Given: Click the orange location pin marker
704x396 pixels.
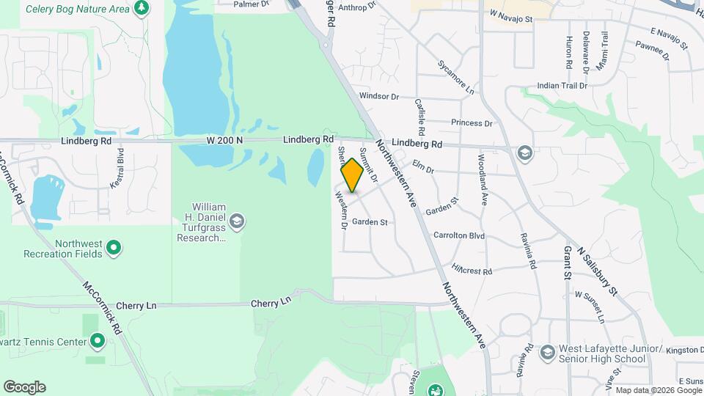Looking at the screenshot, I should pyautogui.click(x=352, y=175).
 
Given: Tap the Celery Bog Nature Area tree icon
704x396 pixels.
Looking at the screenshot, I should pyautogui.click(x=141, y=9).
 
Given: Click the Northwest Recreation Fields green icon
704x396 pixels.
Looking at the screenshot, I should pyautogui.click(x=114, y=248).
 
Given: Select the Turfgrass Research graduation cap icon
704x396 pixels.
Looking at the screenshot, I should pyautogui.click(x=236, y=221).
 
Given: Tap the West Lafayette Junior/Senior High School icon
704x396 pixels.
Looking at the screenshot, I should pyautogui.click(x=546, y=353).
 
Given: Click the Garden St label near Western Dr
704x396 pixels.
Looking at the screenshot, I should pyautogui.click(x=369, y=221).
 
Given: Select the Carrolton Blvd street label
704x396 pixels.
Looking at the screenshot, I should pyautogui.click(x=459, y=236).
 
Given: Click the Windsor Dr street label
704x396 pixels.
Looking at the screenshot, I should pyautogui.click(x=378, y=96).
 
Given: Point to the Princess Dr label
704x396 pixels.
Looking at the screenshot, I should pyautogui.click(x=472, y=123).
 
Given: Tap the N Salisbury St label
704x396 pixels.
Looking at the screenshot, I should pyautogui.click(x=598, y=271).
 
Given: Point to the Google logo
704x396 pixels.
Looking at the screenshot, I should pyautogui.click(x=24, y=387).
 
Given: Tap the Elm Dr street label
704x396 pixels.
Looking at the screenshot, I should pyautogui.click(x=423, y=167).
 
